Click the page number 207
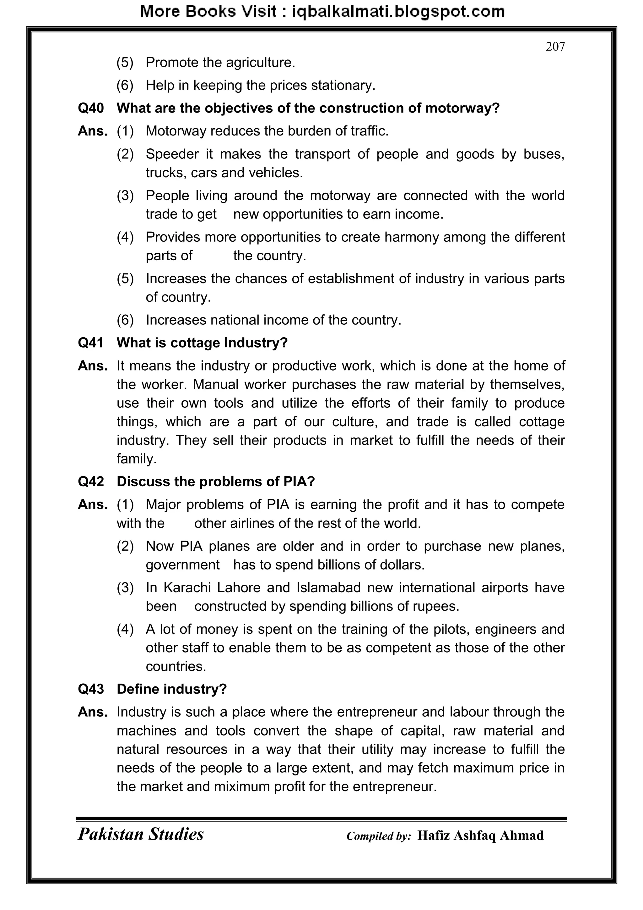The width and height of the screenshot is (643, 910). click(x=555, y=47)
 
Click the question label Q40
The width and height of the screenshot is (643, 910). click(x=91, y=108)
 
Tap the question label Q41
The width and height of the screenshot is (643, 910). click(x=91, y=342)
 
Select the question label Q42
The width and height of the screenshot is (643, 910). click(x=91, y=482)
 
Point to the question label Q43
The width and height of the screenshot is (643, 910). click(x=91, y=689)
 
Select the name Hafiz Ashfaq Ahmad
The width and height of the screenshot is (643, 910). click(x=480, y=836)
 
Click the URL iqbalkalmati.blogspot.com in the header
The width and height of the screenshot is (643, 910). click(x=398, y=12)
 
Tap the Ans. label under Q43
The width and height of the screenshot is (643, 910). click(x=93, y=712)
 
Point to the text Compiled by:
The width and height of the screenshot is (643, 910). click(x=379, y=836)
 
